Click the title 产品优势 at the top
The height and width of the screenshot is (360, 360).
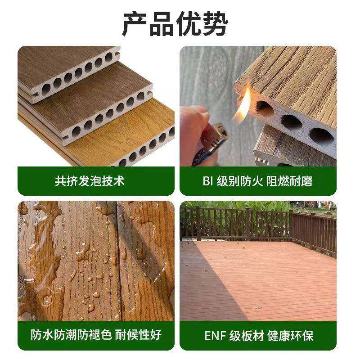[x=175, y=23]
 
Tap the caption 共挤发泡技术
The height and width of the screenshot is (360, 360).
[x=90, y=181]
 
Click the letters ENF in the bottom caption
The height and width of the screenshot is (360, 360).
[x=215, y=336]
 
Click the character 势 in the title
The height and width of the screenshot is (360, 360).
[x=215, y=23]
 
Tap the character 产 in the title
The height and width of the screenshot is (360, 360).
[x=136, y=23]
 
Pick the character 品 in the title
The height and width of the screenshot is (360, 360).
[x=162, y=23]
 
